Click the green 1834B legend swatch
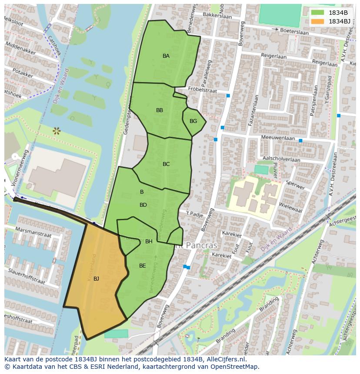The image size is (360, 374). tap(317, 13)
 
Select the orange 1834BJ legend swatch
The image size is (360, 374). tap(317, 21)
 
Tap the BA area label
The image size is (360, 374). tap(166, 56)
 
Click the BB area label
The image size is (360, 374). tap(160, 110)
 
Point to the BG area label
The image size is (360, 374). tap(193, 121)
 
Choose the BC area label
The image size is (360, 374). tap(166, 164)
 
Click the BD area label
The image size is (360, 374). tap(143, 205)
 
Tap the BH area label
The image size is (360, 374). tap(149, 242)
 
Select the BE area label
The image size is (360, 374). tap(142, 266)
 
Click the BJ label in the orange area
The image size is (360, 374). tap(96, 279)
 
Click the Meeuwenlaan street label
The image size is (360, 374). tap(278, 138)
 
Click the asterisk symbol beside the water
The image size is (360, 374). tap(56, 130)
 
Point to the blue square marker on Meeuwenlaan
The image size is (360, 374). tap(300, 141)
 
